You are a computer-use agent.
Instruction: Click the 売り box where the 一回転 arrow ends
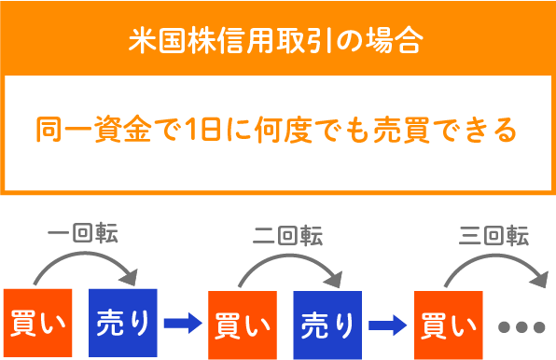pos(123,324)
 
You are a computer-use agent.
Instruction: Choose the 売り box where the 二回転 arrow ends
pos(328,324)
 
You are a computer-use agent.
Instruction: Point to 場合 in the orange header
pos(404,41)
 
